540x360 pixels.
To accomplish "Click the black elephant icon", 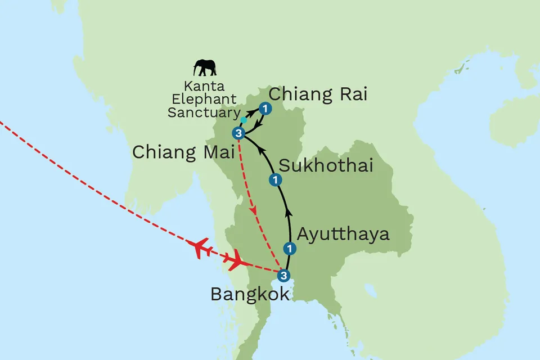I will point(205,68).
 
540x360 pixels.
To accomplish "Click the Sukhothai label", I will point(326,165).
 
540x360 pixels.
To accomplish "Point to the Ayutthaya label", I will point(343,233).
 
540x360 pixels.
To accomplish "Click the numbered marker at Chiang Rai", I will point(265,108).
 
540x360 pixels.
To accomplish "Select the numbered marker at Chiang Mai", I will point(239,133).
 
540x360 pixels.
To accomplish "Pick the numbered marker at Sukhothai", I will point(276,180).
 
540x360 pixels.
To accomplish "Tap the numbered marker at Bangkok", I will point(284,276).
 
